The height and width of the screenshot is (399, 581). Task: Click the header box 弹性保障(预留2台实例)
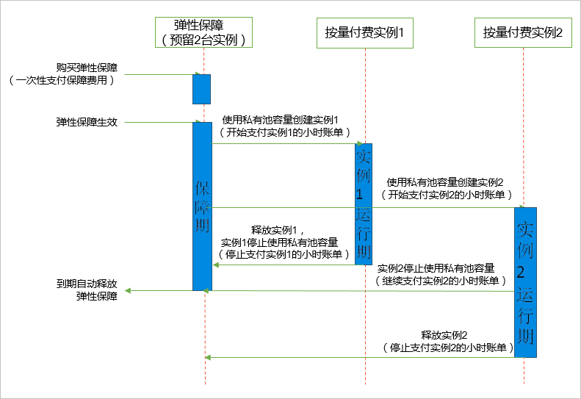tap(203, 32)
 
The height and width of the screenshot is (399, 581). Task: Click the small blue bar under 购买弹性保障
tap(202, 88)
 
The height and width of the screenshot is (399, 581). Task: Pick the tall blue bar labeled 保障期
tap(202, 206)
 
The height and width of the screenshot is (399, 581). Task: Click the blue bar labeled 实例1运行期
tap(364, 204)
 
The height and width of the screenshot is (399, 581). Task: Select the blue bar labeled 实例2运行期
tap(525, 282)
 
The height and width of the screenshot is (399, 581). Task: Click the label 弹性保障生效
tap(87, 122)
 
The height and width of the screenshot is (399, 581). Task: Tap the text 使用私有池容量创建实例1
tap(284, 119)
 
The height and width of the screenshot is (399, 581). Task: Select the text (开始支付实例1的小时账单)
tap(284, 132)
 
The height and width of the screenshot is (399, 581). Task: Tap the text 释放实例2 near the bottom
tap(445, 334)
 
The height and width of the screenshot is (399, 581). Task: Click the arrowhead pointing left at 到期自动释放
tap(129, 291)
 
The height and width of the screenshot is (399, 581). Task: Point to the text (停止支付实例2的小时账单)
tap(447, 347)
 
